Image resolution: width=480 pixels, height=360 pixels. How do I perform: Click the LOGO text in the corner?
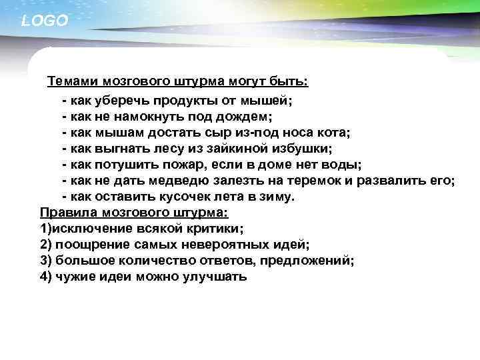[x=45, y=21]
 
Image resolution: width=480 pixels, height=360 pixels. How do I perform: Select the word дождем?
[x=211, y=117]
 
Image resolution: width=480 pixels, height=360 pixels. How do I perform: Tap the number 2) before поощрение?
[x=47, y=245]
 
